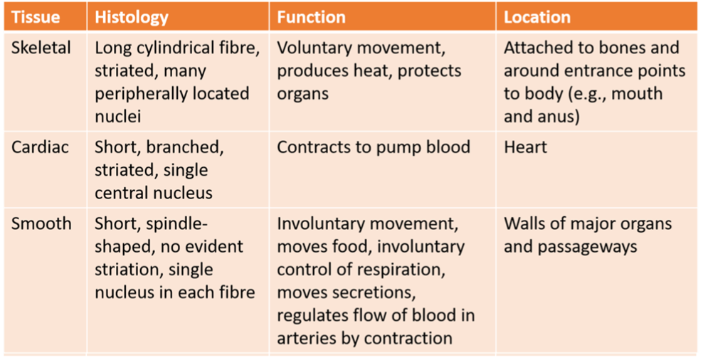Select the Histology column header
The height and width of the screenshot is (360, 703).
point(132,16)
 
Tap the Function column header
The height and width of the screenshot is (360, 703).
point(311,16)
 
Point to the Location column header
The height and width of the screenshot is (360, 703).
point(539,16)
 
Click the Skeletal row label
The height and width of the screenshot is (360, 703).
point(41,48)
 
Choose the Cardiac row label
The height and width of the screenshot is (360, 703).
point(40,147)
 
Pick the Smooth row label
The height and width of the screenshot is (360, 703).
point(41,223)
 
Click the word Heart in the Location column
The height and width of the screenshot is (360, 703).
point(525,147)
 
